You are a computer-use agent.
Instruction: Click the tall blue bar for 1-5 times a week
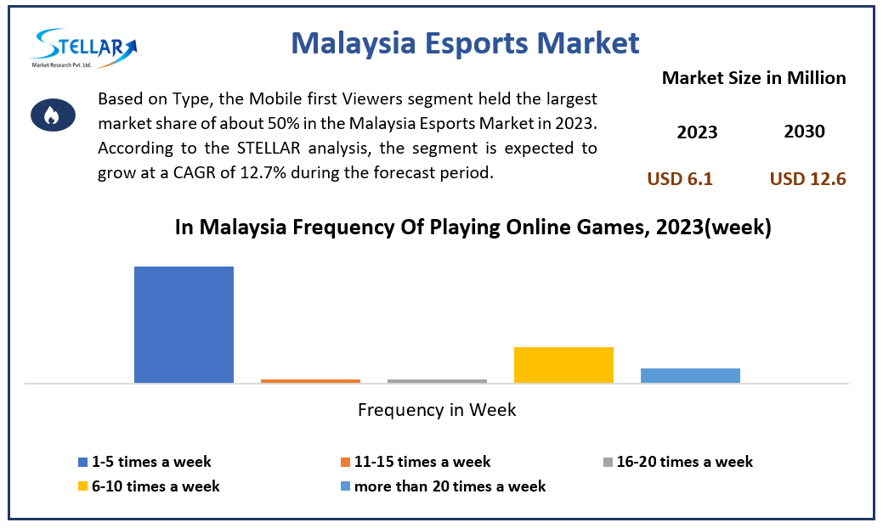(184, 324)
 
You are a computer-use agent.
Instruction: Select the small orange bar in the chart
(310, 381)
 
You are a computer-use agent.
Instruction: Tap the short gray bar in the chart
(437, 381)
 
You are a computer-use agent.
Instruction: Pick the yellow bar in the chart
(563, 365)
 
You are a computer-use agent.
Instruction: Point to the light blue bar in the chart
(690, 375)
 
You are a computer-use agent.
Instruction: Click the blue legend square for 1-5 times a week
(82, 463)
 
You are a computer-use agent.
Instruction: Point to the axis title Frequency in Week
(437, 410)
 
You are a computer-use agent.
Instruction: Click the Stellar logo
(84, 49)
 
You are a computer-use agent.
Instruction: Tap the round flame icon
(51, 115)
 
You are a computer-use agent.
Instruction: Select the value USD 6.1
(680, 179)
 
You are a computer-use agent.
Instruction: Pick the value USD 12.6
(807, 179)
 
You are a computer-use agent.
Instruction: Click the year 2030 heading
(804, 132)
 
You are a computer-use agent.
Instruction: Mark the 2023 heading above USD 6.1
(697, 132)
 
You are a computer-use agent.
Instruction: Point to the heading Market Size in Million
(754, 78)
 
